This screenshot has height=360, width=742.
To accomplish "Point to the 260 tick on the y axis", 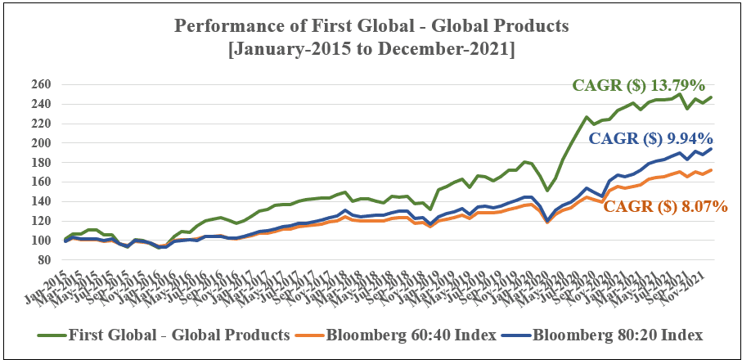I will [41, 84].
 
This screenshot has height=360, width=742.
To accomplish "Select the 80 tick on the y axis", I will [44, 260].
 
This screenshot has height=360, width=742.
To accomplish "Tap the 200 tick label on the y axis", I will [41, 143].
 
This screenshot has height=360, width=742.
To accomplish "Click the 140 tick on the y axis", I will [41, 201].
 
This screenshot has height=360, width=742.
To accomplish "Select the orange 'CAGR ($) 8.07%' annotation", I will [665, 207].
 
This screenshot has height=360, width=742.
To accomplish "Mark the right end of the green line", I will [711, 97].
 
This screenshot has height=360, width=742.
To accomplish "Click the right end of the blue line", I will [711, 149].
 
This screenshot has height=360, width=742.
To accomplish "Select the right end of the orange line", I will [711, 170].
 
